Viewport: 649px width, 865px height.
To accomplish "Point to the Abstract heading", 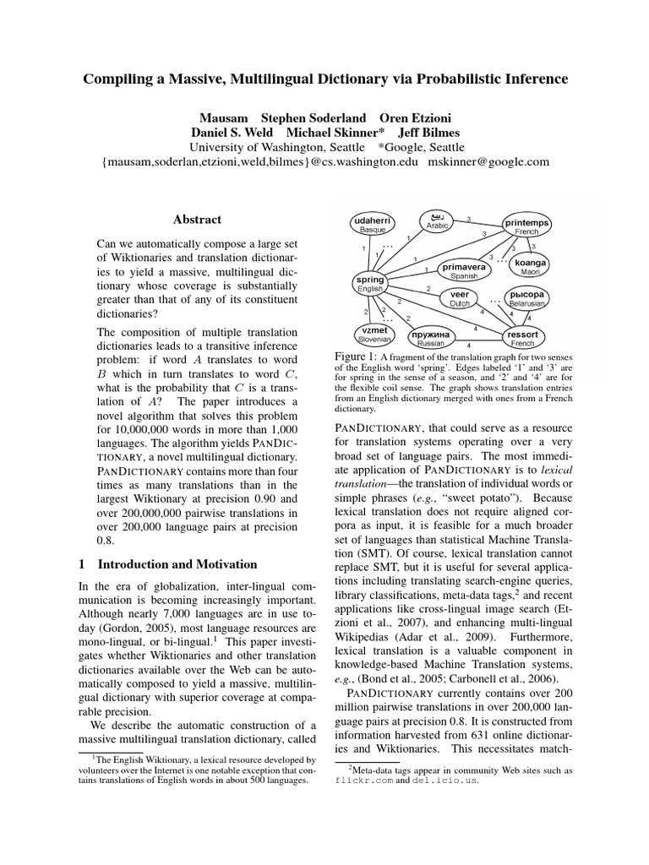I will pos(197,220).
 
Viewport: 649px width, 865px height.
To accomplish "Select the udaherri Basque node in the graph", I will pos(372,224).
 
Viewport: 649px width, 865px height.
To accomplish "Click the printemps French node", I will pos(526,226).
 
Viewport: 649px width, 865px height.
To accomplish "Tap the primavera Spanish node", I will pos(464,270).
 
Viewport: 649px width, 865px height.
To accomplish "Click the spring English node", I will pos(369,284).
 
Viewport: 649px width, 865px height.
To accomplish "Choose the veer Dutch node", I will pos(459,298).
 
